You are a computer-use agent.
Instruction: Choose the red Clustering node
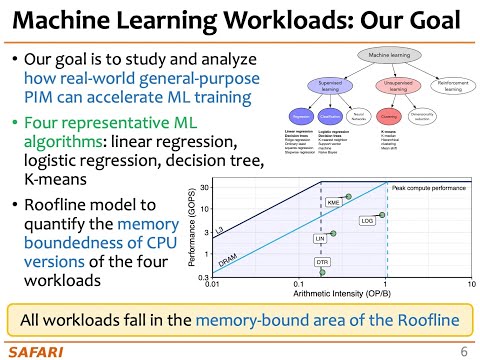[391, 116]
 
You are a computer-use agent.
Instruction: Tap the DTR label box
[322, 262]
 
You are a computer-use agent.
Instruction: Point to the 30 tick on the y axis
[203, 187]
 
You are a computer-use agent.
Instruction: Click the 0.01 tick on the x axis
[213, 284]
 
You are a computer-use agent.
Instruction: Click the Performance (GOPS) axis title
[191, 232]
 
